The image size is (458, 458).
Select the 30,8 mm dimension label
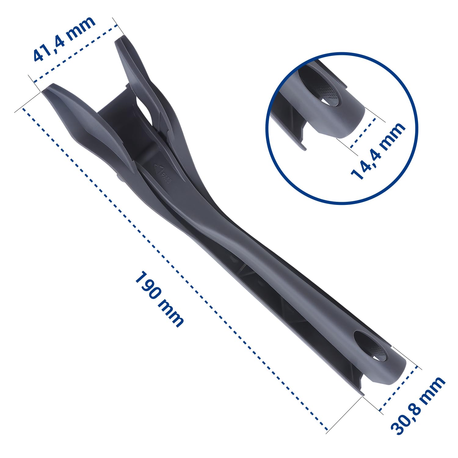click(x=418, y=406)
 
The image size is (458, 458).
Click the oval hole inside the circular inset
click(x=319, y=89)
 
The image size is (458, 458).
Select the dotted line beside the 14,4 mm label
click(x=363, y=133)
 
